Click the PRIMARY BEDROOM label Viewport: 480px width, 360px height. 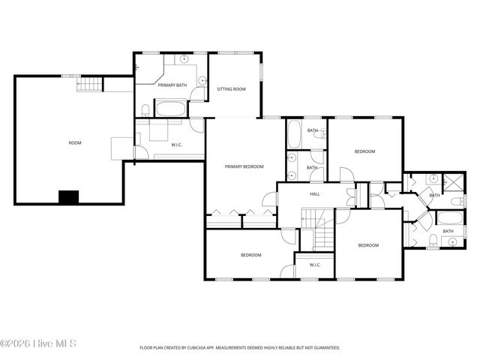pos(242,166)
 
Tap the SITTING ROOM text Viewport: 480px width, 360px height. pos(231,88)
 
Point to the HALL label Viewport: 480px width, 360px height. pos(316,193)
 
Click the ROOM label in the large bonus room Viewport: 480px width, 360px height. pos(75,142)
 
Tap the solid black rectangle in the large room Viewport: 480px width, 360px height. pos(69,197)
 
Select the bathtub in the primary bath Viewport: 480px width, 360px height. pos(172,108)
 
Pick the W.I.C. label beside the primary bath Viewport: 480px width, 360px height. pos(177,145)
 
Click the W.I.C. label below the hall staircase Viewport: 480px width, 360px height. pos(315,265)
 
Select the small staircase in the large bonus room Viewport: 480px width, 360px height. pos(88,83)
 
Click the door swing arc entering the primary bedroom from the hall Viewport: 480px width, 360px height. pos(268,199)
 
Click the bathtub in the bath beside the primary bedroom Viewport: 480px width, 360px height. pos(294,134)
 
